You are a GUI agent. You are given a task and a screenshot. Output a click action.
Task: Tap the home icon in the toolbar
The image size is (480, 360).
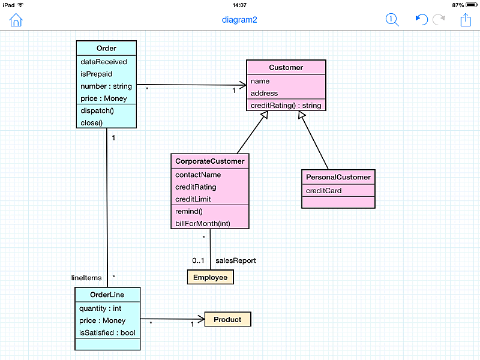(16, 20)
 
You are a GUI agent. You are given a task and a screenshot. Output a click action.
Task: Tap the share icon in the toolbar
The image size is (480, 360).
(466, 20)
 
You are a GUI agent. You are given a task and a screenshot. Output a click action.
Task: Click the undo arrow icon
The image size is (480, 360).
(422, 20)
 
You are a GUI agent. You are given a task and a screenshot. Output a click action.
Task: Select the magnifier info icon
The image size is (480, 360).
(392, 20)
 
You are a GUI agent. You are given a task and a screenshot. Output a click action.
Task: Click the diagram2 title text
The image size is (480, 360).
(239, 20)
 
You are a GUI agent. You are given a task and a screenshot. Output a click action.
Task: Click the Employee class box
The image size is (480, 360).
(211, 277)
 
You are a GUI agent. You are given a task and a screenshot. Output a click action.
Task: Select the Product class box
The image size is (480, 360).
(227, 319)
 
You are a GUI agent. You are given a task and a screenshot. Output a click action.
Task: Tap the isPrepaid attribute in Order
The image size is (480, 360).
(97, 74)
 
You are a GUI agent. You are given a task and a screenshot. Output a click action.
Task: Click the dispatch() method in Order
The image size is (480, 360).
(97, 110)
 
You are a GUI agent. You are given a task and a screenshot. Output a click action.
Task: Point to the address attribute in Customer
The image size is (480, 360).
(264, 93)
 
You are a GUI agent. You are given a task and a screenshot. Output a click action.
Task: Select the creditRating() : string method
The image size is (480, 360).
(286, 106)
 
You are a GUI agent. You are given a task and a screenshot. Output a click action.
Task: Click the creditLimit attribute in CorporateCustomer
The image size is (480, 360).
(193, 199)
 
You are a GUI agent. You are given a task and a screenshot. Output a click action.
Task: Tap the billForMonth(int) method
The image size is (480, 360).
(203, 223)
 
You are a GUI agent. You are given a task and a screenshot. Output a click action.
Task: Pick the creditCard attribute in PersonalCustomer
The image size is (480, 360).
(323, 191)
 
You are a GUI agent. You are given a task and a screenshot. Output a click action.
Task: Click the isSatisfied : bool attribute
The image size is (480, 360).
(107, 333)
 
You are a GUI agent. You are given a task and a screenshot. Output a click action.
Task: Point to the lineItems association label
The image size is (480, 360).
(86, 278)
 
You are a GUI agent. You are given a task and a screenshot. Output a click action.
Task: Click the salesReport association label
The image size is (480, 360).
(236, 260)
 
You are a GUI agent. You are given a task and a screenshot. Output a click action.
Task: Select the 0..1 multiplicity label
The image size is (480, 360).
(198, 260)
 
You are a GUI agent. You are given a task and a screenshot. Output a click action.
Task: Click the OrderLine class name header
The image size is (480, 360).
(107, 295)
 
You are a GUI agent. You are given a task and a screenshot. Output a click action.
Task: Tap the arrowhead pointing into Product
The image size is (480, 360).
(202, 319)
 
